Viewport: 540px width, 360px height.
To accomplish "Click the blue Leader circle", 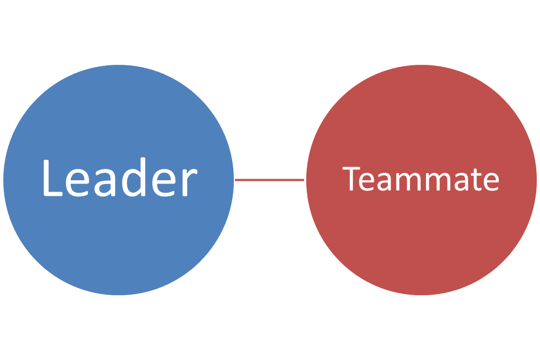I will point(119,243).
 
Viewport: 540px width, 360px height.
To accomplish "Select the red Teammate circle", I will point(421,243).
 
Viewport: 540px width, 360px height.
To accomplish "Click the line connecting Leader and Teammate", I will point(270,180).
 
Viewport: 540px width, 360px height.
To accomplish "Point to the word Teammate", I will point(421,179).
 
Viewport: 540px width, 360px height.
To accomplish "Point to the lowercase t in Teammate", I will point(474,181).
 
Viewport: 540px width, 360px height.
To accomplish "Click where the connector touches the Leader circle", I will point(236,180).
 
